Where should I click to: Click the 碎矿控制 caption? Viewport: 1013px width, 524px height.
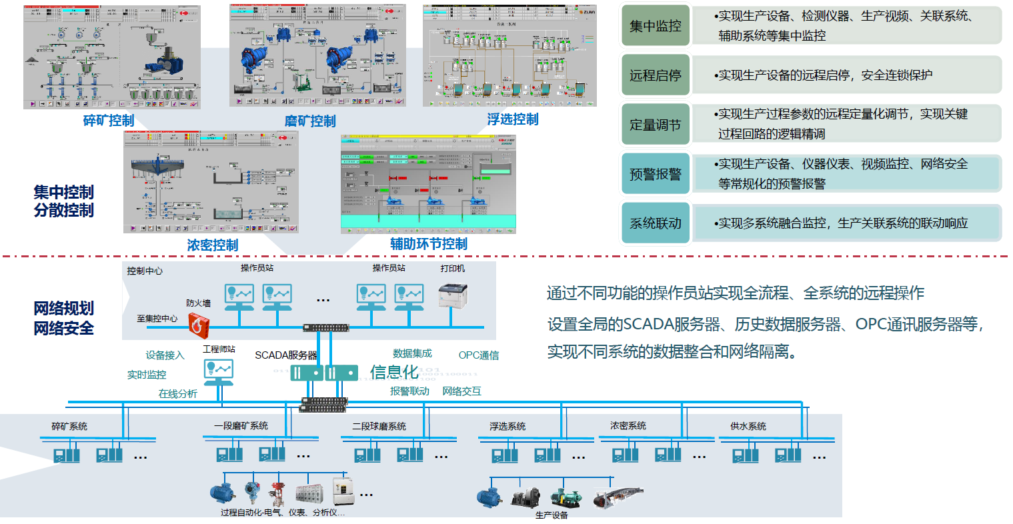[109, 121]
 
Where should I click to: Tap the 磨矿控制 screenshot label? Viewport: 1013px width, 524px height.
[310, 121]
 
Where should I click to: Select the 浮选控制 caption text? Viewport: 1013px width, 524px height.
[513, 119]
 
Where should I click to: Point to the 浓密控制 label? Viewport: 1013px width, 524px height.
[213, 245]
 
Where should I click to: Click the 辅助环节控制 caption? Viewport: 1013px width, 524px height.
[429, 244]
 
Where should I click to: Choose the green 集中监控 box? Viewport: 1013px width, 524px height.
[656, 26]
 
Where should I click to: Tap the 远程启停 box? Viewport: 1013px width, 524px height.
[656, 75]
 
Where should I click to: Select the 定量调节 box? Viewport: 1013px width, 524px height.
[656, 125]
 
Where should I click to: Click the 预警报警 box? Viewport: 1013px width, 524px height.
[656, 174]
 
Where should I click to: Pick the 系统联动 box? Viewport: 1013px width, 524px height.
[656, 223]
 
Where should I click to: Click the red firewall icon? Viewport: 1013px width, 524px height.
[199, 324]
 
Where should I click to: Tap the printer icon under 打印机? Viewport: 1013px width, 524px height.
[453, 295]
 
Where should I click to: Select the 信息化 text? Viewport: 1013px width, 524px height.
[394, 372]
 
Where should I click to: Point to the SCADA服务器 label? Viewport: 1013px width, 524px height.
[285, 355]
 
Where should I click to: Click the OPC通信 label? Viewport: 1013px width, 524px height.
[479, 355]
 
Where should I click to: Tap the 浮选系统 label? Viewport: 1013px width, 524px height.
[508, 426]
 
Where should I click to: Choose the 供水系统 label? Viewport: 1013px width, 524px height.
[748, 426]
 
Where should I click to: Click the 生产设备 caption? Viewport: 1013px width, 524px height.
[552, 515]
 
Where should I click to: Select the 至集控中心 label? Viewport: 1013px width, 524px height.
[157, 319]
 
